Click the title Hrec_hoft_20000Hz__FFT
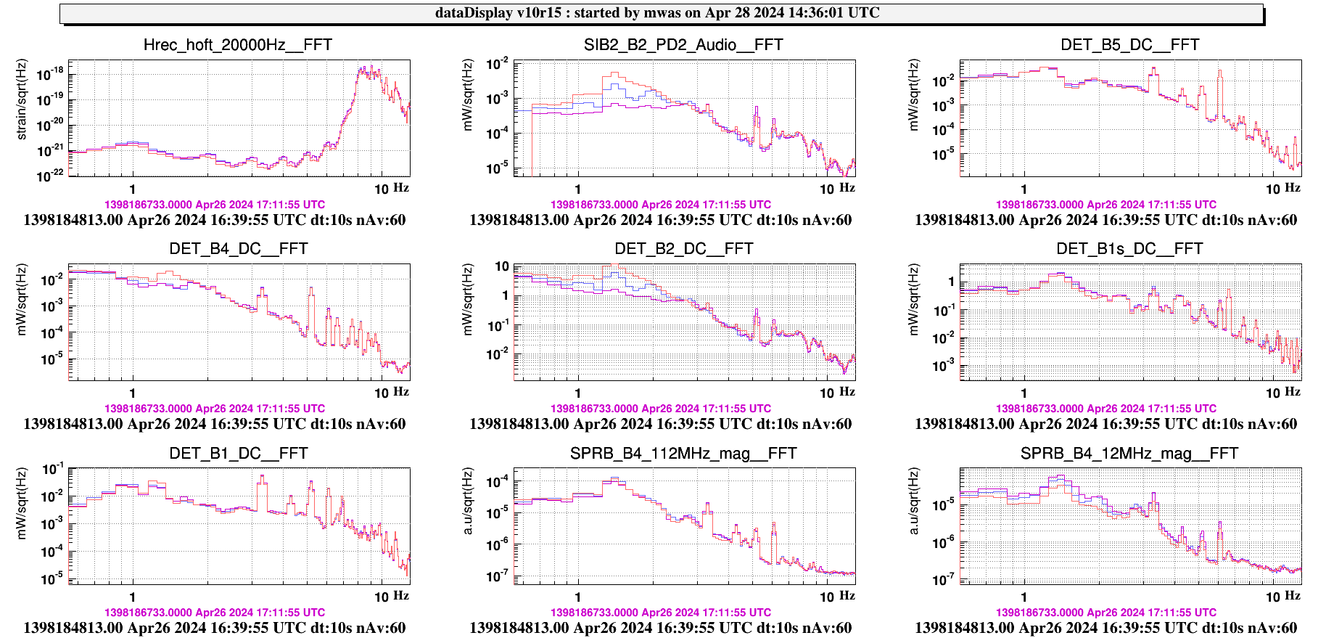(237, 45)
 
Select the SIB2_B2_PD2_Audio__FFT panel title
(683, 45)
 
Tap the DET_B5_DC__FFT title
(1129, 45)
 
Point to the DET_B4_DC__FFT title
(238, 249)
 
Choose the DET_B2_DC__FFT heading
(683, 249)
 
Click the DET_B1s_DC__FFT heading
(1129, 249)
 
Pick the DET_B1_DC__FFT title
(238, 454)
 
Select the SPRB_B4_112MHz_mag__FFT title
(683, 454)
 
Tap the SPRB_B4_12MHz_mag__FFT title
(1129, 454)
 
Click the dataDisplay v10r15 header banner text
(657, 13)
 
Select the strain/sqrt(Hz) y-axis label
(22, 99)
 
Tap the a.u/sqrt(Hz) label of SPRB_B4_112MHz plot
(468, 501)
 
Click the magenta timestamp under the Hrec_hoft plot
(215, 205)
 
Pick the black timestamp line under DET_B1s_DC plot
(1105, 424)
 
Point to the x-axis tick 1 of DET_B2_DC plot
(578, 393)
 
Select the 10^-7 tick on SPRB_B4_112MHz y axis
(497, 576)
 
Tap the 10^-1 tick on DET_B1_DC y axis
(52, 470)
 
